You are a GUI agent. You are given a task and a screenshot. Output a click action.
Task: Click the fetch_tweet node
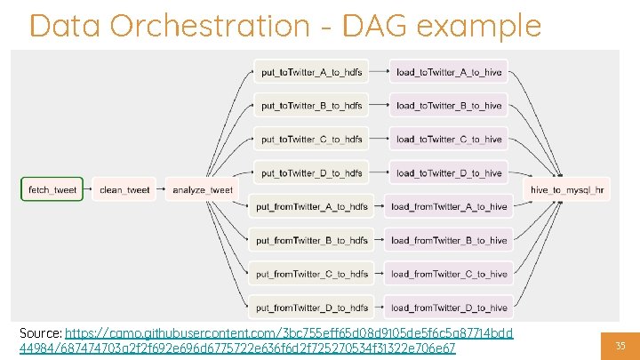(x=52, y=189)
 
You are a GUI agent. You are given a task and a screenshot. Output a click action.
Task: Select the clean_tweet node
(x=124, y=189)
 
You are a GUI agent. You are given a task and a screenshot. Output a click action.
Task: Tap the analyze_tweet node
(x=202, y=189)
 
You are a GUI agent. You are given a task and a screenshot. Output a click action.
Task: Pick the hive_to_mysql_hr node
(x=568, y=189)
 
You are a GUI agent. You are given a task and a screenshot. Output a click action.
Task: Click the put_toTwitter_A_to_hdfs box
(x=311, y=72)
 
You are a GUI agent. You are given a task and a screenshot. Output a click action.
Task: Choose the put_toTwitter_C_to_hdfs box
(x=311, y=140)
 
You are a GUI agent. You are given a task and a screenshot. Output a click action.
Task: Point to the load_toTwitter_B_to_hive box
(x=449, y=106)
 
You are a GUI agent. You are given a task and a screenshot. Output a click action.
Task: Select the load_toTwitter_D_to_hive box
(x=449, y=173)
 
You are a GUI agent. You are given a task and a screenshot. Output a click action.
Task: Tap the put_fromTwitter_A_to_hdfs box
(x=311, y=207)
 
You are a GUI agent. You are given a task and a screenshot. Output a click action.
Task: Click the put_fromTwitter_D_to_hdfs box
(x=311, y=308)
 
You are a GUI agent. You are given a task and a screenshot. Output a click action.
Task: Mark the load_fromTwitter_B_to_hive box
(x=449, y=241)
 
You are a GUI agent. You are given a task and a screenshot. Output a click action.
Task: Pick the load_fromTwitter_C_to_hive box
(x=449, y=275)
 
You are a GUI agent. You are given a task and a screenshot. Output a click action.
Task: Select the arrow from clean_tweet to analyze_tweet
(x=160, y=189)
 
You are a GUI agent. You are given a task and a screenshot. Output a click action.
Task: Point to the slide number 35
(x=620, y=345)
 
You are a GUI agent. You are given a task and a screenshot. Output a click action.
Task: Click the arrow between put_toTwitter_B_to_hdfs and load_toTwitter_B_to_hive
(x=380, y=106)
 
